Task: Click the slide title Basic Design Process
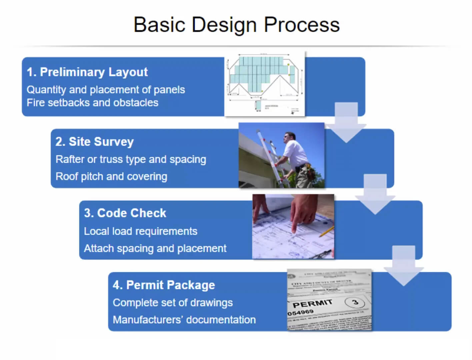pos(236,25)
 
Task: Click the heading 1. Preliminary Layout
pos(87,72)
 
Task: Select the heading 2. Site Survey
pos(94,142)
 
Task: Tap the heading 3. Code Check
pos(125,213)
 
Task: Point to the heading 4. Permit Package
pos(164,285)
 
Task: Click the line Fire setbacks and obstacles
pos(92,103)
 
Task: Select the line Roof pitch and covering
pos(111,176)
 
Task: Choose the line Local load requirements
pos(140,231)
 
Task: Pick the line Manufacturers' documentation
pos(184,320)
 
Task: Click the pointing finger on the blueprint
pos(295,227)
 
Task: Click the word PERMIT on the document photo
pos(312,304)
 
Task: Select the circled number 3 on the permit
pos(355,302)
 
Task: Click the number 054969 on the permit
pos(301,313)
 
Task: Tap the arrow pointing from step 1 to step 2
pos(346,123)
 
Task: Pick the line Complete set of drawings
pos(173,303)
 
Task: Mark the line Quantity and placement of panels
pos(106,90)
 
